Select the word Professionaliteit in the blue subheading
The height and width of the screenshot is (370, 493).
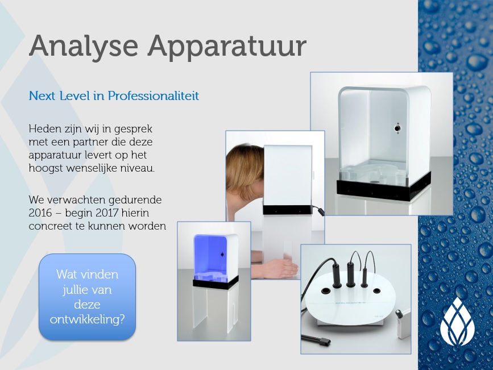coord(154,95)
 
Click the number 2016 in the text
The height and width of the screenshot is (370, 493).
coord(40,213)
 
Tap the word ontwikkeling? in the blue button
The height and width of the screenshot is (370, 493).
coord(88,320)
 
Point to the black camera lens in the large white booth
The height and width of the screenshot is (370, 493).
coord(397,128)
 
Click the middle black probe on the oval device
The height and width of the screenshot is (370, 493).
coord(350,276)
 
